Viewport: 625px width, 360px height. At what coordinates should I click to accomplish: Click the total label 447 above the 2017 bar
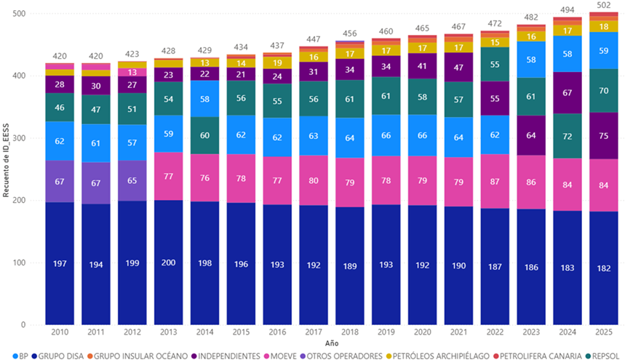314,39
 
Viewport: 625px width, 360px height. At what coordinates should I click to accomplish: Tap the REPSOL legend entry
605,355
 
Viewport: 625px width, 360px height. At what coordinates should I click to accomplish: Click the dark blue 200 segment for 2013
169,263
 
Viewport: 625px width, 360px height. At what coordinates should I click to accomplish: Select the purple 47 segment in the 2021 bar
460,67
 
